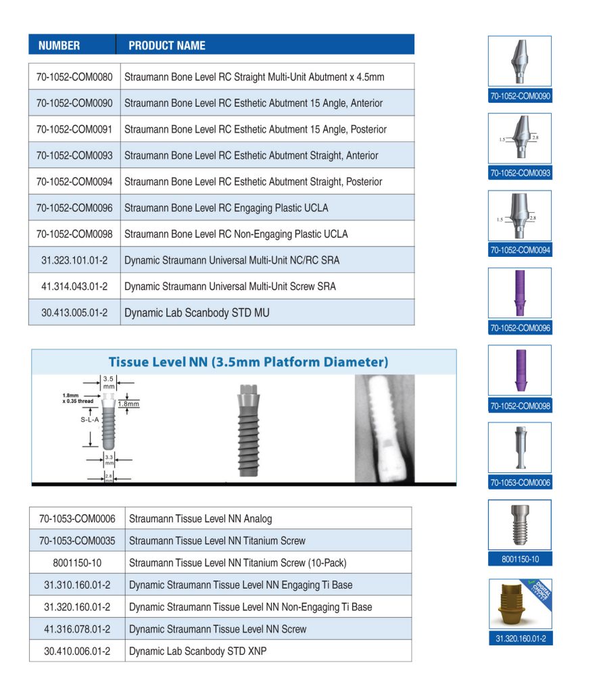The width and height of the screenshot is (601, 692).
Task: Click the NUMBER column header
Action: pos(59,46)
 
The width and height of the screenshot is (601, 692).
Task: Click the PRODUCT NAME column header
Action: pos(167,46)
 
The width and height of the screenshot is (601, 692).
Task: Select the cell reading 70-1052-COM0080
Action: pos(74,77)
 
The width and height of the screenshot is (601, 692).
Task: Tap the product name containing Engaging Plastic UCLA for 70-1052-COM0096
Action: pos(226,208)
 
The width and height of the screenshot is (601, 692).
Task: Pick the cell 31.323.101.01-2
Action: pos(74,260)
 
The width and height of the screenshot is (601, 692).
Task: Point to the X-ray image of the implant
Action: pos(384,428)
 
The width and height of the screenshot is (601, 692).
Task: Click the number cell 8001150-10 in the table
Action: pos(77,563)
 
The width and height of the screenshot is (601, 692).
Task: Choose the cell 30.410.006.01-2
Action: pos(77,652)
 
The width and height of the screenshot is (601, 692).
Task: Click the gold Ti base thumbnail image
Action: pos(520,604)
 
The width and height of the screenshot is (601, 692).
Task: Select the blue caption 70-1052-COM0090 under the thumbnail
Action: pos(520,97)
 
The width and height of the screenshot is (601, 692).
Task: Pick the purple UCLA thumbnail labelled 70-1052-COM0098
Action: pos(520,370)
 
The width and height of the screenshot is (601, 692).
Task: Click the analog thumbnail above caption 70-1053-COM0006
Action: pos(520,447)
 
